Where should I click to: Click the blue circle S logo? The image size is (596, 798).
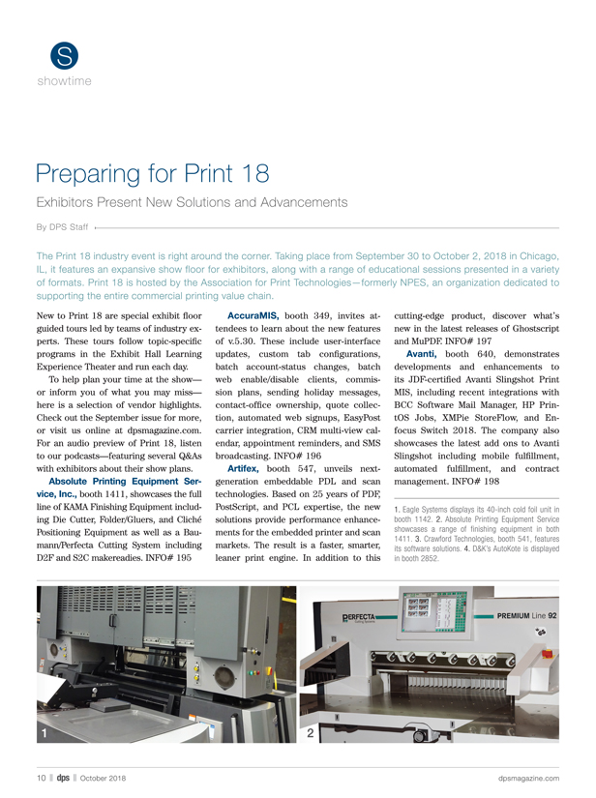(x=64, y=56)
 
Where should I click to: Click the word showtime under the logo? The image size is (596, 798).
(x=64, y=81)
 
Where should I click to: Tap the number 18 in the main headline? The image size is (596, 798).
(x=255, y=173)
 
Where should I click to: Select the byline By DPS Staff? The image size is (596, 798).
(x=62, y=227)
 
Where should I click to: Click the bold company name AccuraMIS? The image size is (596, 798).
(x=253, y=316)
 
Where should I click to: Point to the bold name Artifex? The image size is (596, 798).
(x=243, y=469)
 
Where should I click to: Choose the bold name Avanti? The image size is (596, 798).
(x=422, y=354)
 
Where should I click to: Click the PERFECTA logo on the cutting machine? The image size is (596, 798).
(x=358, y=618)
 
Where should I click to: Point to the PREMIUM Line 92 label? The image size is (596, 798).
(x=526, y=616)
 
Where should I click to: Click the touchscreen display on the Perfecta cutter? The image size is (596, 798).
(x=416, y=607)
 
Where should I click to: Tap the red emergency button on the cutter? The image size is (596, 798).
(x=548, y=654)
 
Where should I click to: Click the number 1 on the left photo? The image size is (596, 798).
(x=45, y=733)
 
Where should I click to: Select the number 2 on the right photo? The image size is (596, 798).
(x=310, y=733)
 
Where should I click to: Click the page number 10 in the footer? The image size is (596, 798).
(x=42, y=778)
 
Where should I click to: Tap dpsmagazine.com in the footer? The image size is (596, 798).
(x=529, y=778)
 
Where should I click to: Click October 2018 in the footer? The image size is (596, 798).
(x=103, y=778)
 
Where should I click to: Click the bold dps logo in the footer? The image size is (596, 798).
(x=63, y=778)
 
